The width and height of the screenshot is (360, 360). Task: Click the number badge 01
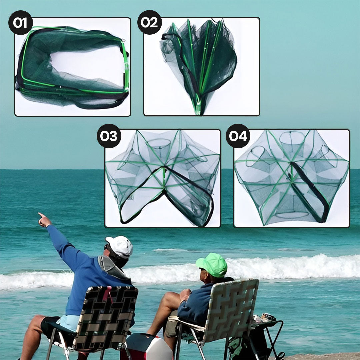[x=21, y=23]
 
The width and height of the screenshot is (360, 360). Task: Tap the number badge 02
[x=149, y=22]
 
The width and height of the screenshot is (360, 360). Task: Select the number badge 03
[x=109, y=136]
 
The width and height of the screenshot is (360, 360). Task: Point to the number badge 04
[x=238, y=136]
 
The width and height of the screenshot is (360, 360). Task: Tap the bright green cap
[x=212, y=265]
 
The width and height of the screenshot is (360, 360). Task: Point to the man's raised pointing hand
[x=44, y=220]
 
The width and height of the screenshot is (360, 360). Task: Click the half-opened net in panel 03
[x=163, y=178]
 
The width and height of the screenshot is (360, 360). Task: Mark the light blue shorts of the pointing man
[x=69, y=323]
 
